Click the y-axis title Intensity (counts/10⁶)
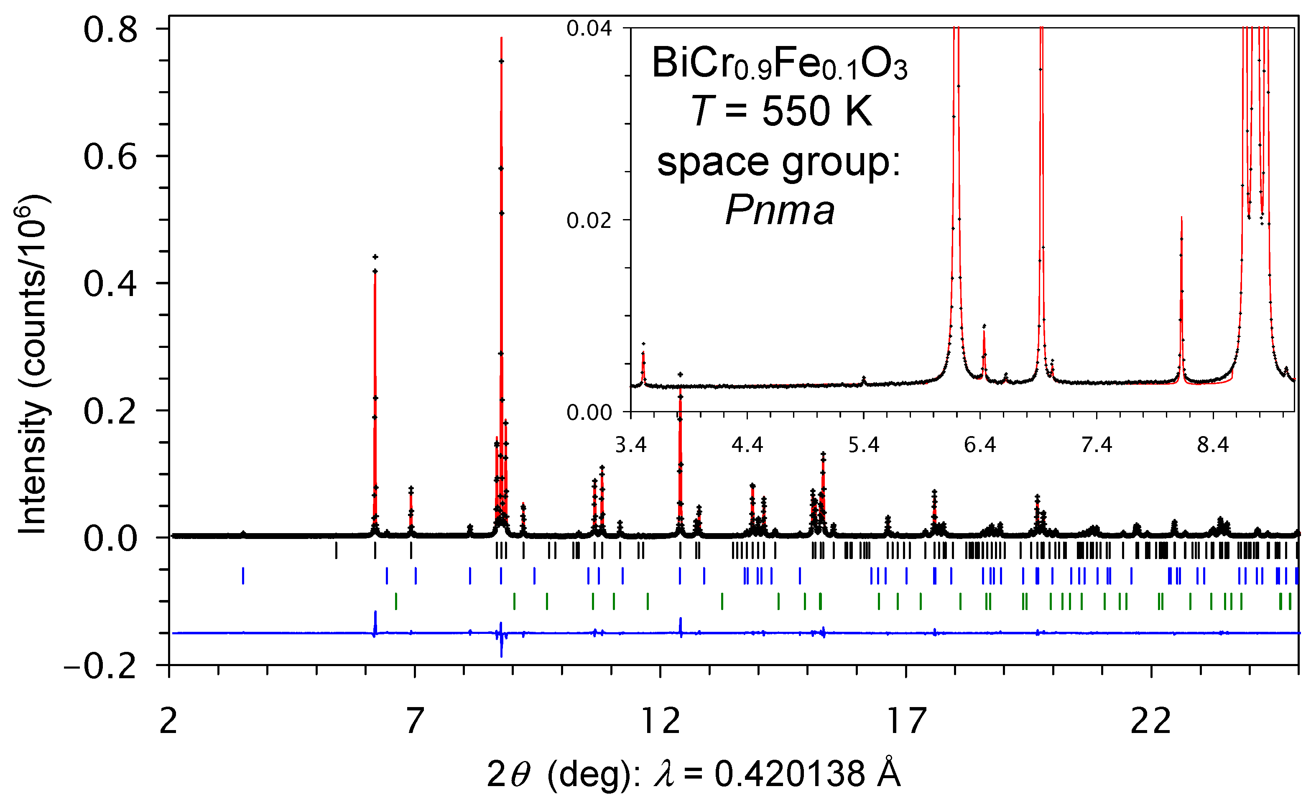pos(33,365)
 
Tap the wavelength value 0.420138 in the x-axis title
pos(790,774)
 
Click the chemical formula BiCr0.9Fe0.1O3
pos(779,64)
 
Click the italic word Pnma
pos(780,211)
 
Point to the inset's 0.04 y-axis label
pos(589,28)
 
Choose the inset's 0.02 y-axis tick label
pos(589,220)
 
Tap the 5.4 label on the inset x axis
pos(863,444)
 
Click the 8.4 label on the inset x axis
pos(1213,444)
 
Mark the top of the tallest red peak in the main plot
pos(501,38)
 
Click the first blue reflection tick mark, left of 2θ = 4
pos(243,576)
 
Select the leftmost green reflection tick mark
pos(396,601)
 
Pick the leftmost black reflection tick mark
pos(336,550)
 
